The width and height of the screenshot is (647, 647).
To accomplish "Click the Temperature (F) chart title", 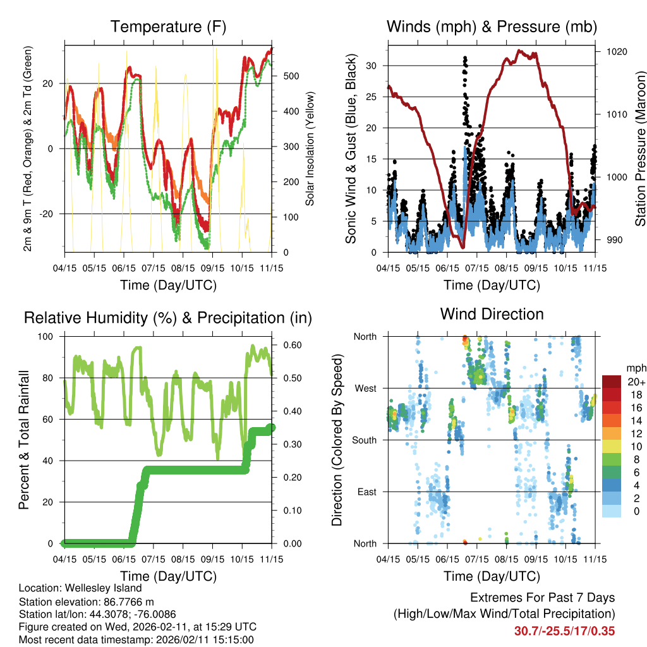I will tap(168, 27).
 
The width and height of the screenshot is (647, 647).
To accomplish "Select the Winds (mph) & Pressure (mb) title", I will tap(492, 27).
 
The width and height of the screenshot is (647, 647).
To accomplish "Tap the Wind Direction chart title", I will tap(492, 314).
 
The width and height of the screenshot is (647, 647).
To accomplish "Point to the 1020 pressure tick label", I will tap(616, 52).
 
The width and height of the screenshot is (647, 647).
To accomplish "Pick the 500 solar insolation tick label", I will tap(291, 76).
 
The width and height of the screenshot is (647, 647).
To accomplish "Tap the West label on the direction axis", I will tap(365, 388).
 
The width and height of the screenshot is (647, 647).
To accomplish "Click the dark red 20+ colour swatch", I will tap(612, 381).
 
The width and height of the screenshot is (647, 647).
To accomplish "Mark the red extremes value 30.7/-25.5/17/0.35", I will tap(564, 631).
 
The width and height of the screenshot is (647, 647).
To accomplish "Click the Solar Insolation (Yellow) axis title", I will tap(310, 149).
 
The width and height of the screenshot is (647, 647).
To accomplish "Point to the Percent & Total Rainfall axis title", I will tap(24, 440).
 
